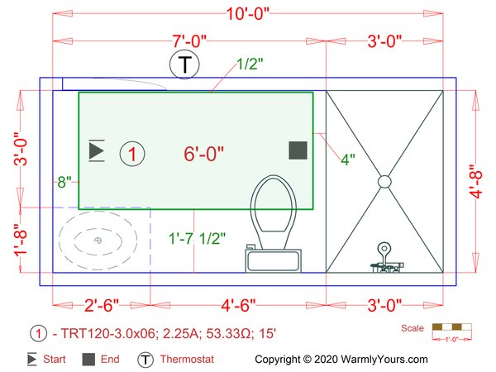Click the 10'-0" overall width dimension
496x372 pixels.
[x=248, y=14]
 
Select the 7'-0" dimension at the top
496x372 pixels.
[x=189, y=41]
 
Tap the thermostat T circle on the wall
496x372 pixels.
[x=184, y=64]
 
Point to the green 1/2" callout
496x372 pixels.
[x=250, y=64]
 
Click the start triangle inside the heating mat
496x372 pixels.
[x=97, y=150]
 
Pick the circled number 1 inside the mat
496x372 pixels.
[x=132, y=154]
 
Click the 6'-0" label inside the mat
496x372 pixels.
[x=203, y=154]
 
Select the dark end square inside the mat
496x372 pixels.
[x=298, y=150]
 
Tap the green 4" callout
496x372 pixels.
[x=348, y=160]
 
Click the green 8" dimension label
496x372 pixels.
[x=64, y=182]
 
